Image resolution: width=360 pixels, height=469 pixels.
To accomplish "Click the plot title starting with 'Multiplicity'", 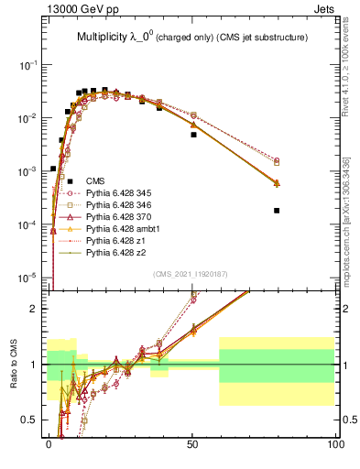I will coord(191,38).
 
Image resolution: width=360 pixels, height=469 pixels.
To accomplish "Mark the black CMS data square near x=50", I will coord(193,135).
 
